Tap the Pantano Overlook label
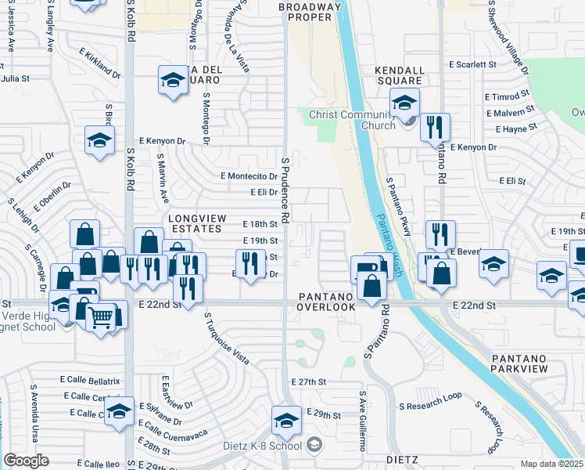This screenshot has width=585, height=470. click(x=327, y=301)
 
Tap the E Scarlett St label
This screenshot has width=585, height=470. click(x=472, y=65)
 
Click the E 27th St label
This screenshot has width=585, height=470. click(x=307, y=381)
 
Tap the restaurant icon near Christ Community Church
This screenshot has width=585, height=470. click(x=435, y=128)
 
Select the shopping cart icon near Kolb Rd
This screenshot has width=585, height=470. click(x=100, y=318)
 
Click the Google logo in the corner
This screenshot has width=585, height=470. click(x=27, y=460)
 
